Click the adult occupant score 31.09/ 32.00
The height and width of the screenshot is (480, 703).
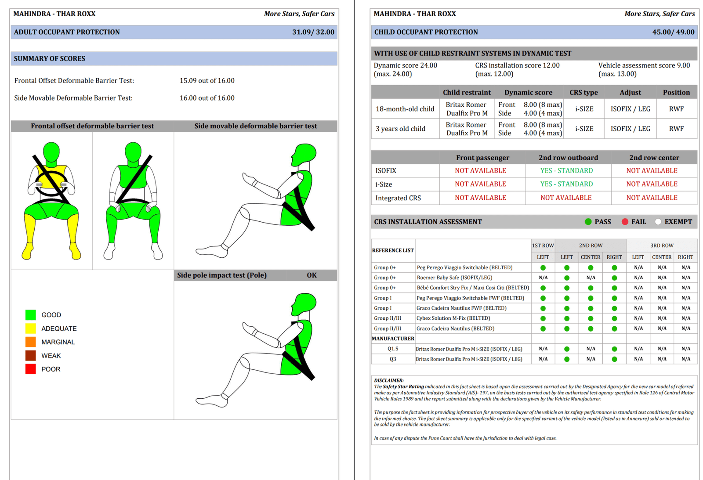(x=313, y=32)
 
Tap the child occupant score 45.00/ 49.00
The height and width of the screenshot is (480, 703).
(x=674, y=32)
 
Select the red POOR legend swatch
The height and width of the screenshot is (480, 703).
(x=30, y=369)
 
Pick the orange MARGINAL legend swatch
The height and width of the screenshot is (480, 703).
(x=30, y=342)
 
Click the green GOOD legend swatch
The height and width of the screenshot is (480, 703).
(x=30, y=315)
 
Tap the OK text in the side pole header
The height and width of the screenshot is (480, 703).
(x=312, y=275)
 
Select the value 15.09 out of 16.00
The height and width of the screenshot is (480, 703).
(x=207, y=81)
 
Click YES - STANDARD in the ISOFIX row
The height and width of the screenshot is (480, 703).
(x=566, y=170)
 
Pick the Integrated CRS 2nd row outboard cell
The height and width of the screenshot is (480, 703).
(x=566, y=198)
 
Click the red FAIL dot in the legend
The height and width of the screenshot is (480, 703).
(x=625, y=222)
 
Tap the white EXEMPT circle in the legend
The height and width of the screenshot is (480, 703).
(x=658, y=222)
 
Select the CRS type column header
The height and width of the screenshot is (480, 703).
(x=584, y=93)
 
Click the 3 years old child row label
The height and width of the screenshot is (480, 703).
(x=400, y=129)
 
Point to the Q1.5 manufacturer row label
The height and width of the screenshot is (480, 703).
(x=393, y=349)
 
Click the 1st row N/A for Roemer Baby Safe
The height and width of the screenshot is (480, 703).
(x=543, y=278)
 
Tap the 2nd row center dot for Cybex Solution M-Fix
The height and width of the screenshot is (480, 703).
(x=591, y=318)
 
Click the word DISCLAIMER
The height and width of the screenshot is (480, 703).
(x=388, y=381)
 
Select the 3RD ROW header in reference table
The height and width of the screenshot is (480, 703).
(x=662, y=245)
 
